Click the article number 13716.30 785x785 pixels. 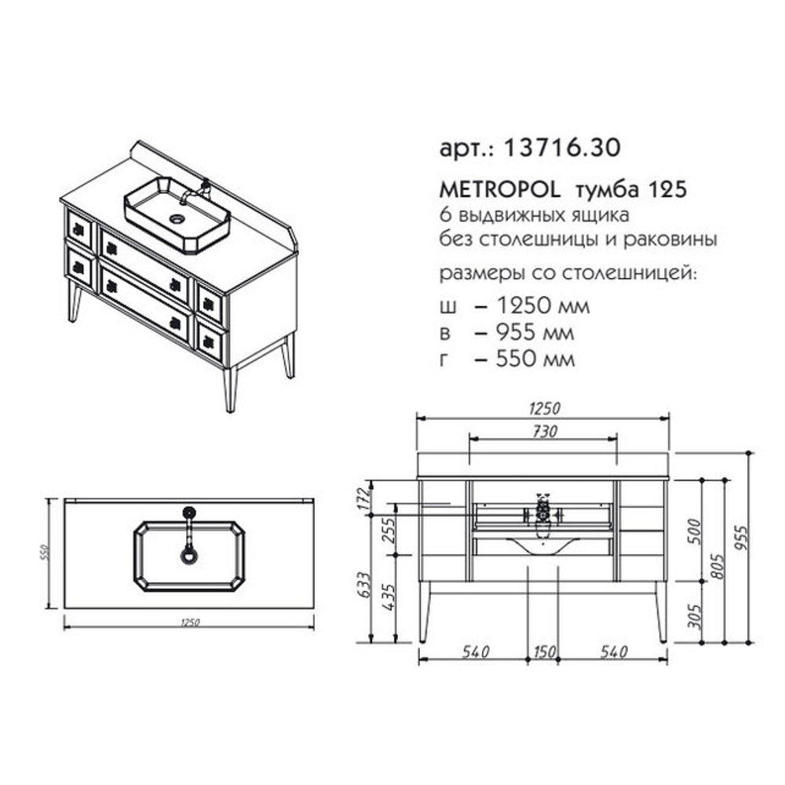point(562,148)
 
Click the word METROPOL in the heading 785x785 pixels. point(499,190)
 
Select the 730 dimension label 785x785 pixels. point(544,431)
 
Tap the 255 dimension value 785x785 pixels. point(389,530)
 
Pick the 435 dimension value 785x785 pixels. point(389,597)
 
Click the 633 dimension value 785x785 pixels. point(364,584)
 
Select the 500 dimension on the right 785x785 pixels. point(694,531)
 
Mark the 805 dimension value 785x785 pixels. point(717,566)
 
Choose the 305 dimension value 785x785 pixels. point(694,615)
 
